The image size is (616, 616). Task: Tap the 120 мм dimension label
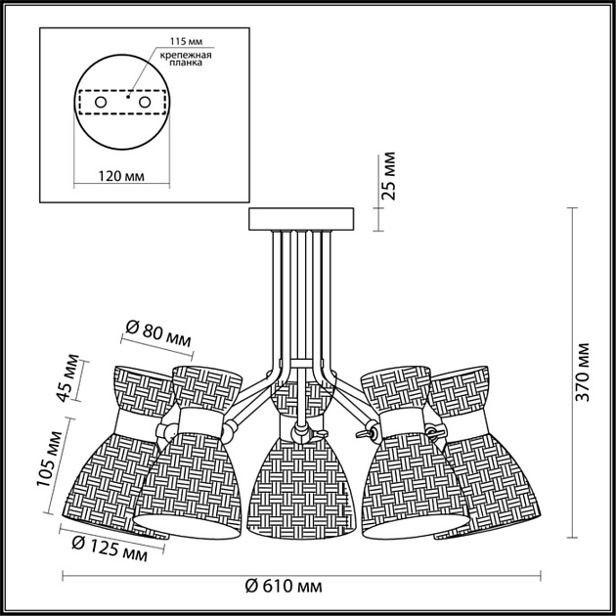coord(124,176)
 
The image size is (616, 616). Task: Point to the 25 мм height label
coord(388,176)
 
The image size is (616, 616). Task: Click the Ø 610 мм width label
coord(284,586)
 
